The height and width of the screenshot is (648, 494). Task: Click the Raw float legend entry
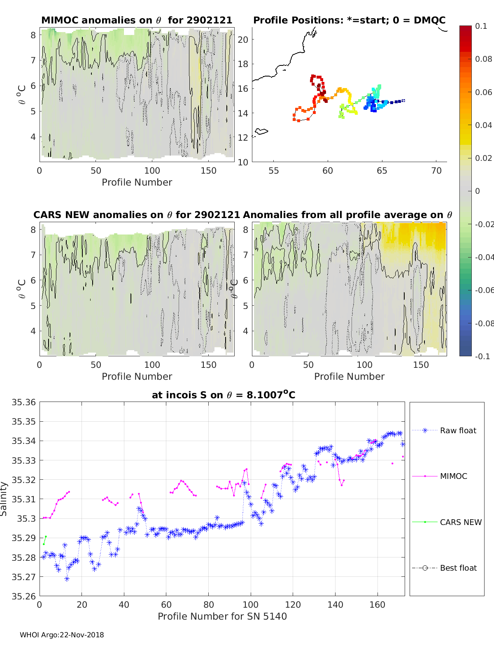pyautogui.click(x=458, y=430)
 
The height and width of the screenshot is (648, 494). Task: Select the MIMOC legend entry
pyautogui.click(x=453, y=476)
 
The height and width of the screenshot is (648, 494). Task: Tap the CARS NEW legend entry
pyautogui.click(x=460, y=522)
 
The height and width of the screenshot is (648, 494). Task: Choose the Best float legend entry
pyautogui.click(x=458, y=568)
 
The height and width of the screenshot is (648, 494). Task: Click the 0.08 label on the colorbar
pyautogui.click(x=483, y=59)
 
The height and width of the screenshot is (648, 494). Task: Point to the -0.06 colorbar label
pyautogui.click(x=484, y=290)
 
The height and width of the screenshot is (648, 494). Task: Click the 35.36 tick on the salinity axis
pyautogui.click(x=24, y=402)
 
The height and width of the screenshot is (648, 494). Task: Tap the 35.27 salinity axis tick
pyautogui.click(x=24, y=577)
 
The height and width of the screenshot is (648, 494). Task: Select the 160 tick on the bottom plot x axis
pyautogui.click(x=377, y=604)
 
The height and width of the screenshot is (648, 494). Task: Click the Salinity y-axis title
pyautogui.click(x=4, y=499)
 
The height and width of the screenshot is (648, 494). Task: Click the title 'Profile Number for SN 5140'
pyautogui.click(x=222, y=616)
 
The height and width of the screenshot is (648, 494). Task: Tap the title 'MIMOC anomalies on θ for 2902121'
pyautogui.click(x=137, y=20)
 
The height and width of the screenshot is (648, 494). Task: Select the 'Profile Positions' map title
pyautogui.click(x=349, y=20)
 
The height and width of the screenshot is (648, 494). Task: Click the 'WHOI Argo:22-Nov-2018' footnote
pyautogui.click(x=62, y=635)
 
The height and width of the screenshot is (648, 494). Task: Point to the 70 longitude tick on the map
pyautogui.click(x=436, y=170)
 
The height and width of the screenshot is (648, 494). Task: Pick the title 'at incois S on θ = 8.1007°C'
pyautogui.click(x=224, y=395)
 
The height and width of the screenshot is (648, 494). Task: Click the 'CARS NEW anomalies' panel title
pyautogui.click(x=137, y=215)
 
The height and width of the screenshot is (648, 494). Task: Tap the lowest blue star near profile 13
pyautogui.click(x=67, y=579)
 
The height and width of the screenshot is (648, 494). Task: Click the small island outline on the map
pyautogui.click(x=261, y=132)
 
